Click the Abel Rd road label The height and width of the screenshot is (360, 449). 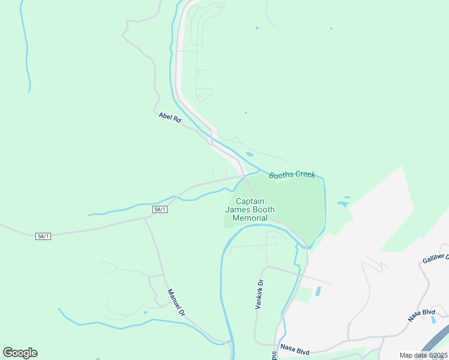pyautogui.click(x=170, y=118)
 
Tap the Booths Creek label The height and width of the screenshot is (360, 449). pyautogui.click(x=292, y=175)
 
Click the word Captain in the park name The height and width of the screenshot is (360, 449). pyautogui.click(x=250, y=202)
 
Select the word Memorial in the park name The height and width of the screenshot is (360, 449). pyautogui.click(x=250, y=218)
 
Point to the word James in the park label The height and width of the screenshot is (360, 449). pyautogui.click(x=237, y=210)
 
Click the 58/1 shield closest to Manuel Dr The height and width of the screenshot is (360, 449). pyautogui.click(x=160, y=209)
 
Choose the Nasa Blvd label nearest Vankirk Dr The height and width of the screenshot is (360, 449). pyautogui.click(x=294, y=348)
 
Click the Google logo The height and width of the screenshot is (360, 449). pyautogui.click(x=20, y=353)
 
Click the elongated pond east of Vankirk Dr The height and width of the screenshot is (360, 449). pyautogui.click(x=318, y=291)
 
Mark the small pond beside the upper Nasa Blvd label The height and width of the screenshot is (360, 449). pyautogui.click(x=433, y=319)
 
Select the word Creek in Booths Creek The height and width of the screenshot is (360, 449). pyautogui.click(x=304, y=175)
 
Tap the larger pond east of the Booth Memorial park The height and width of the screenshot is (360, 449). pyautogui.click(x=343, y=204)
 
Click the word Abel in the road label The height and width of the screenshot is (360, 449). pyautogui.click(x=165, y=115)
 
